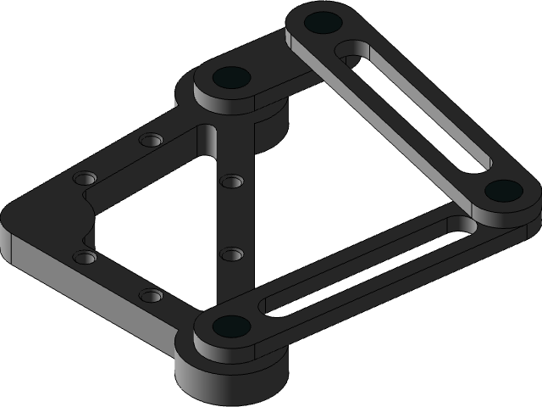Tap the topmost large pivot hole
(x=322, y=22)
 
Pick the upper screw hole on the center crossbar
(x=230, y=181)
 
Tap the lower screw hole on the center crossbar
(x=230, y=254)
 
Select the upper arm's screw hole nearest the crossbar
(x=151, y=139)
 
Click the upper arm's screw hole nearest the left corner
(x=85, y=179)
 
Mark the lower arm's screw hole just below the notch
(x=84, y=256)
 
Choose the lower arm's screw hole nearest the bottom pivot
(x=151, y=296)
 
